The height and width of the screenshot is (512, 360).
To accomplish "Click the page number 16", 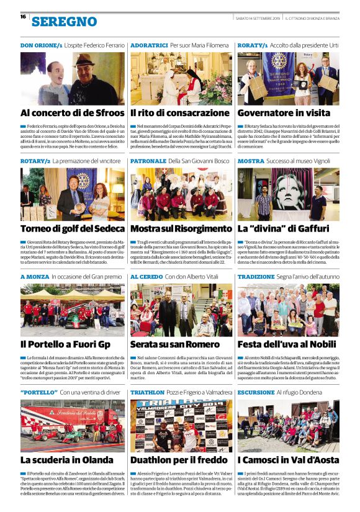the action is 23,17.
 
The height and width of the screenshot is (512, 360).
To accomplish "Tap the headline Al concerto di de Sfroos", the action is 73,113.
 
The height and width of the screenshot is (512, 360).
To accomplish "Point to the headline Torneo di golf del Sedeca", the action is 72,228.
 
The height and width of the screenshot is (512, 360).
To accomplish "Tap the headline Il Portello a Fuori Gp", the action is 65,344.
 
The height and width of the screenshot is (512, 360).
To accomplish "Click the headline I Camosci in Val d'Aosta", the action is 288,460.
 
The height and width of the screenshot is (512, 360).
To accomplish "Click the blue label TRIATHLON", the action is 147,393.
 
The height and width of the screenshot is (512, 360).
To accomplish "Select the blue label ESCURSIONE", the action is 256,393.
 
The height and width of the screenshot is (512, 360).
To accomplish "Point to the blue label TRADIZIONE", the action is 256,277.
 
